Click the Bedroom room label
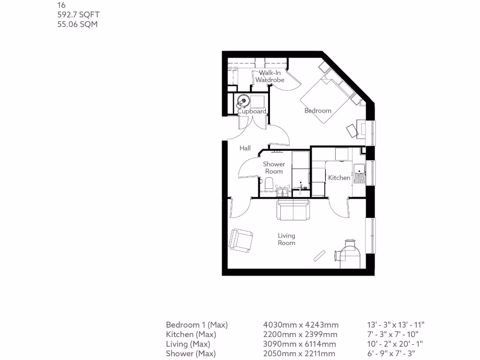pyautogui.click(x=318, y=111)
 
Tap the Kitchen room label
pyautogui.click(x=339, y=178)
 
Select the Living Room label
pyautogui.click(x=286, y=239)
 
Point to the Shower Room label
pyautogui.click(x=274, y=168)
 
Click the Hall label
pyautogui.click(x=245, y=148)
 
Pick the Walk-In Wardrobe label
pyautogui.click(x=270, y=76)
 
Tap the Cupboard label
pyautogui.click(x=252, y=112)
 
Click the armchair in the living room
pyautogui.click(x=241, y=240)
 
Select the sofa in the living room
pyautogui.click(x=293, y=210)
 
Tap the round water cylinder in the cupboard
pyautogui.click(x=243, y=100)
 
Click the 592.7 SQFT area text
pyautogui.click(x=78, y=15)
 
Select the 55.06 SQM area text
pyautogui.click(x=77, y=24)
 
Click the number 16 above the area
pyautogui.click(x=61, y=5)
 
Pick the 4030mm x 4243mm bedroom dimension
pyautogui.click(x=301, y=325)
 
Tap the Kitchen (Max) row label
pyautogui.click(x=191, y=335)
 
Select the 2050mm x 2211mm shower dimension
pyautogui.click(x=300, y=354)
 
